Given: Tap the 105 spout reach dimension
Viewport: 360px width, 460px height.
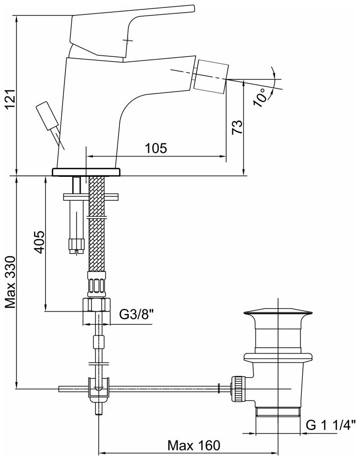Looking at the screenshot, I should click(156, 147).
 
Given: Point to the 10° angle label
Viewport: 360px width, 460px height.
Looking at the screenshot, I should click(261, 96).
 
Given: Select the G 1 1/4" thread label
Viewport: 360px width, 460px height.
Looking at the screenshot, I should click(331, 424).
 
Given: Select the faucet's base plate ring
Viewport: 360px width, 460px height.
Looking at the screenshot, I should click(87, 172).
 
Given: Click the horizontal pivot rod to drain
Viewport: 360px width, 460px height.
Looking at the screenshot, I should click(162, 387).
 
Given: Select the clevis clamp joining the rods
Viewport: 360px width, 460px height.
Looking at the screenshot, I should click(99, 388).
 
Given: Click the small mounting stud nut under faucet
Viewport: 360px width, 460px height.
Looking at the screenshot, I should click(76, 245).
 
